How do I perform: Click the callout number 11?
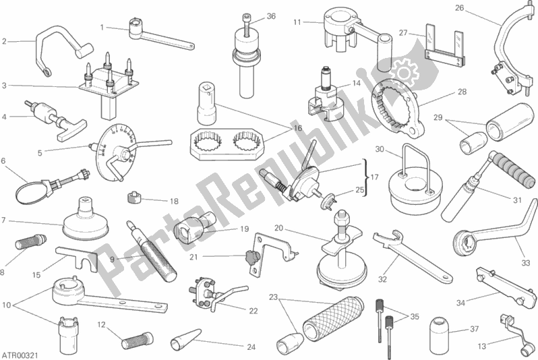point(297,22)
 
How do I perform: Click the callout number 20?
point(278,228)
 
